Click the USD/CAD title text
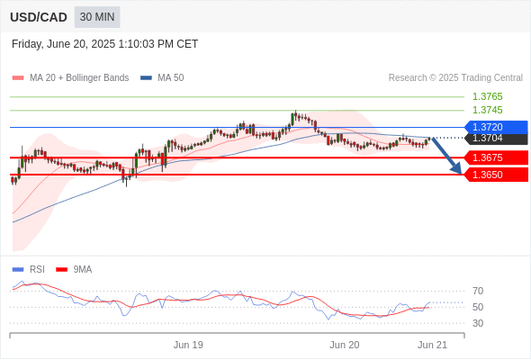[39, 17]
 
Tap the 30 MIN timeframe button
[97, 17]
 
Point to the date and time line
[104, 44]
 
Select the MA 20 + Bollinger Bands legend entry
[70, 78]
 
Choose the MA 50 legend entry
[162, 78]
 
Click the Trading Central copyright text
[455, 78]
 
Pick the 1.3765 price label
[487, 96]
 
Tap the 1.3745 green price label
[487, 110]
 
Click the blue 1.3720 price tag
[496, 127]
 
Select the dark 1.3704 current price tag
[496, 139]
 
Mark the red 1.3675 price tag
[496, 157]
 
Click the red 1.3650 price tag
[496, 175]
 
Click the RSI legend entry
[29, 270]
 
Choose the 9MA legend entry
[74, 270]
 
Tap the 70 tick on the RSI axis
[478, 291]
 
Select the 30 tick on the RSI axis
[478, 323]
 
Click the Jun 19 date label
[188, 345]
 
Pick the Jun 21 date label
[433, 345]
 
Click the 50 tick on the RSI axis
[478, 307]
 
